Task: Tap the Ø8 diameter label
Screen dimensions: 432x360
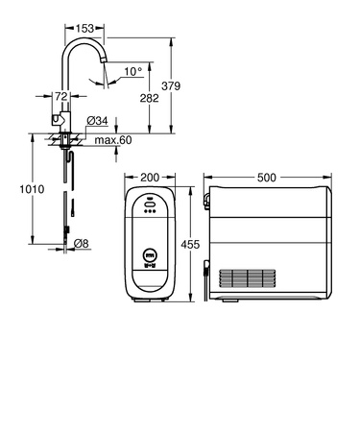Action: click(84, 244)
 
